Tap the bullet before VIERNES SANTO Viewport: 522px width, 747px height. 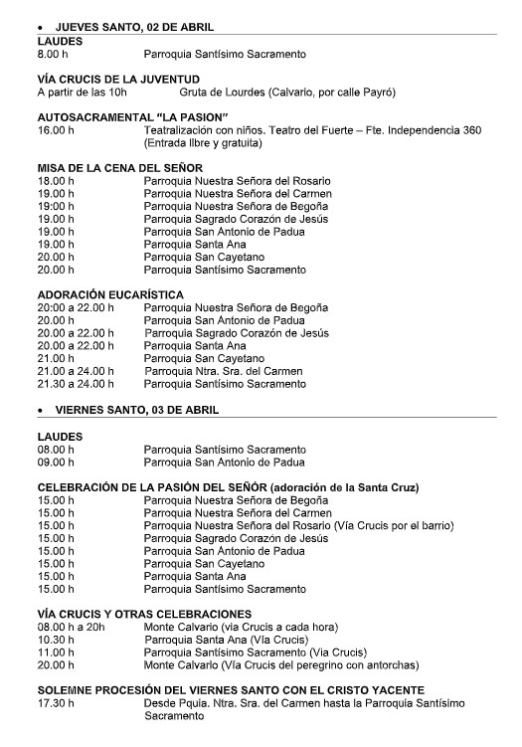40,410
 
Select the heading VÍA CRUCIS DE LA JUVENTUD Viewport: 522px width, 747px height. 117,79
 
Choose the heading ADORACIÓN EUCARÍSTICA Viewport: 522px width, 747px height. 110,294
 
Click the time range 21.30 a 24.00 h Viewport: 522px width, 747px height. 76,384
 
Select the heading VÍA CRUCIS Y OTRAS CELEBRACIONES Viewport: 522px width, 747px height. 144,614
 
